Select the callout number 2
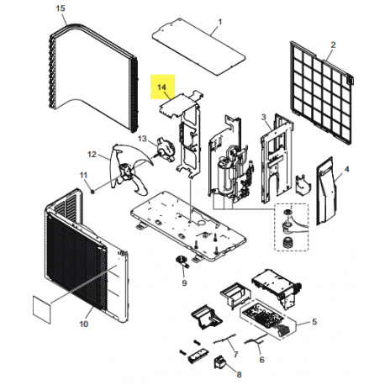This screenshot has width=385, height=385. point(332,44)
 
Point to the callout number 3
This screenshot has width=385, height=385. point(264,117)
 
